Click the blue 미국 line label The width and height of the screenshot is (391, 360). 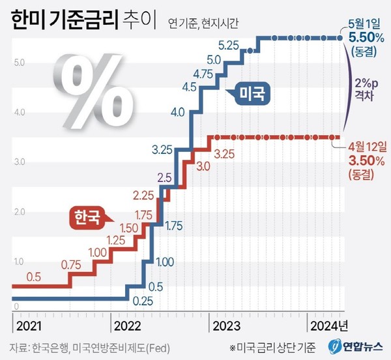(x=250, y=96)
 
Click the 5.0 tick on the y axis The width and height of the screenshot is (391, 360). (x=19, y=63)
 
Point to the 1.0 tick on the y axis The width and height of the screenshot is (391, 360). (x=19, y=261)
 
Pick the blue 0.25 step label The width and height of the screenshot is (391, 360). (x=143, y=302)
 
